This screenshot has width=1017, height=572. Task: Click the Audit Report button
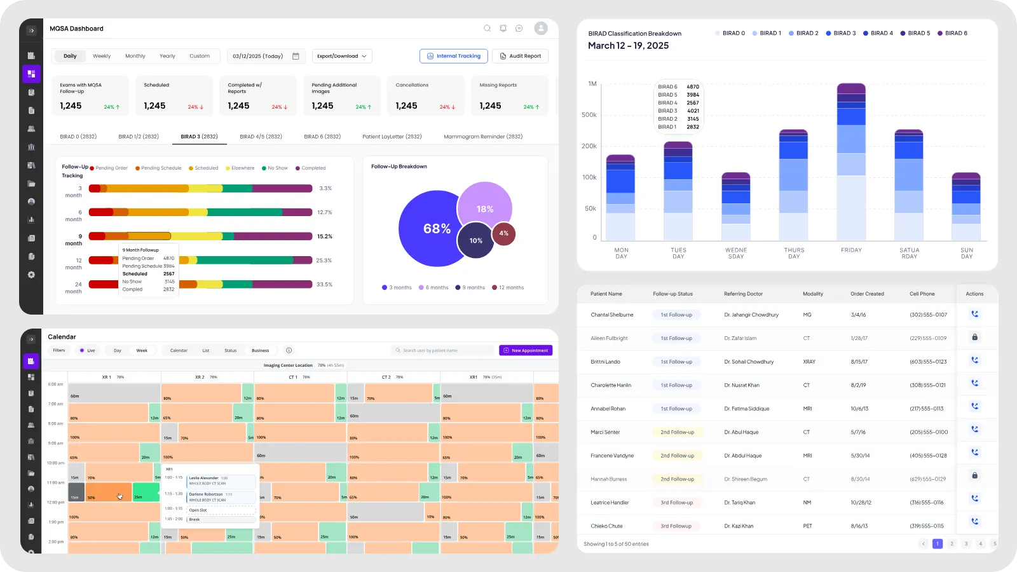coord(520,56)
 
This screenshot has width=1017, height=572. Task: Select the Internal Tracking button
coord(454,56)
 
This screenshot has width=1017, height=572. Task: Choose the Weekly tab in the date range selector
coord(102,56)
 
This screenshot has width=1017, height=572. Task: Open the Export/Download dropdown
coord(342,56)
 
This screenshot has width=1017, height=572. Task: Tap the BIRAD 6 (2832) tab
coord(322,137)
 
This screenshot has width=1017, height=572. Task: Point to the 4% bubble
coord(504,233)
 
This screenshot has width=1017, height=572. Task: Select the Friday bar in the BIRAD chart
coord(851,162)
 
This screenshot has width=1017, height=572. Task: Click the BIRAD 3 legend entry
coord(841,33)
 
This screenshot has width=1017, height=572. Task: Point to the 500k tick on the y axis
coord(589,115)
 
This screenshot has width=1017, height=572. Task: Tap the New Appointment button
coord(526,350)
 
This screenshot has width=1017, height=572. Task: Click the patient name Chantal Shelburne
coord(612,315)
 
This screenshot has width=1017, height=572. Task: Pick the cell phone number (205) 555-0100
coord(929,432)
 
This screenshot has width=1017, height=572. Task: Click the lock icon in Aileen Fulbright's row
coord(974,337)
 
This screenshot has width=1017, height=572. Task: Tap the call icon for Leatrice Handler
coord(974,498)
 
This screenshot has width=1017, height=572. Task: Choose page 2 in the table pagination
coord(952,543)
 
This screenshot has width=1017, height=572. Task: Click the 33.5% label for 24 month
coord(324,285)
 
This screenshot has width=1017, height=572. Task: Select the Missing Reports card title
coord(498,85)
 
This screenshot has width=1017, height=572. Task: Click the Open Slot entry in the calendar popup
coord(198,510)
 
